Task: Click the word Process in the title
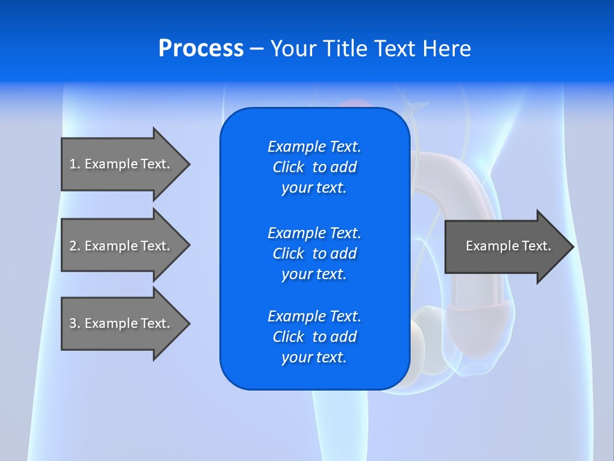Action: tap(201, 49)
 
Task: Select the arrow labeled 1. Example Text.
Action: tap(122, 164)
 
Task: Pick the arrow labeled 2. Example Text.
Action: tap(122, 246)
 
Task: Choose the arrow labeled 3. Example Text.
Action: tap(122, 323)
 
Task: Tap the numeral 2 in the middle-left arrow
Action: tap(73, 246)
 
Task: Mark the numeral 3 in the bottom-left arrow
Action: tap(73, 323)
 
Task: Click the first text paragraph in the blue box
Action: tap(314, 167)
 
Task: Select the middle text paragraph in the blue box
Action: tap(314, 254)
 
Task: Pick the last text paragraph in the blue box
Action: tap(314, 337)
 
